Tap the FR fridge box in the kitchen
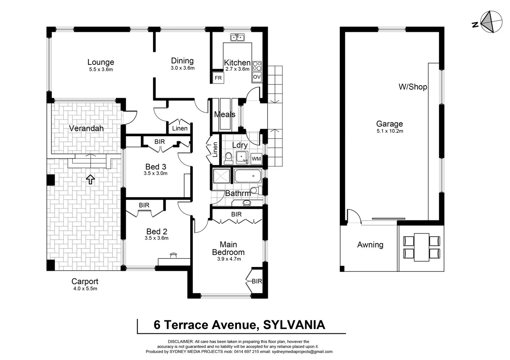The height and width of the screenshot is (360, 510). click(x=218, y=78)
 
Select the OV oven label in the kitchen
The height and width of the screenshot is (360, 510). click(x=257, y=77)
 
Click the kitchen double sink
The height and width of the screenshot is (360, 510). click(x=237, y=37)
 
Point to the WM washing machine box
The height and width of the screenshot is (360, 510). click(x=256, y=159)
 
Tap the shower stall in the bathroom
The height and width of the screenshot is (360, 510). click(x=221, y=176)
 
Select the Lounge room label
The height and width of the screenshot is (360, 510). click(x=101, y=62)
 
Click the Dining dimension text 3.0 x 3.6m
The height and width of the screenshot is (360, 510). click(x=182, y=68)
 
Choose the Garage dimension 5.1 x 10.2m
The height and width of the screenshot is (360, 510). click(x=390, y=131)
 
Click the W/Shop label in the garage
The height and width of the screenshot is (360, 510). click(x=413, y=87)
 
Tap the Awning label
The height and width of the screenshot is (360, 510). click(x=370, y=245)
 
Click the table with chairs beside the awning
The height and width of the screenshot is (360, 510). click(x=422, y=247)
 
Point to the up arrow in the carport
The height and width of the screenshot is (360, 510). click(x=90, y=179)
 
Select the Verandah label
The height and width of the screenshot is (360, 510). click(x=86, y=128)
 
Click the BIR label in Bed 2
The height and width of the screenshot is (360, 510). click(x=144, y=205)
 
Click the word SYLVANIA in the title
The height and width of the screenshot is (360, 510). click(x=294, y=325)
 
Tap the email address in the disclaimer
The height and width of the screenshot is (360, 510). click(x=302, y=352)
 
